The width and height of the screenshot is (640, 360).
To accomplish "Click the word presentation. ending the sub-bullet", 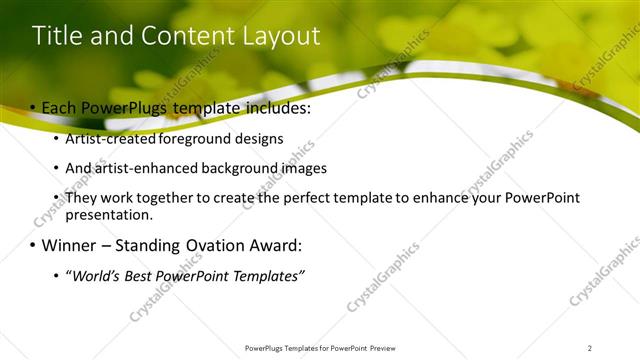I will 109,214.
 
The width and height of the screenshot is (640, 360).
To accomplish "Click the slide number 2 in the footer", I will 589,348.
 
